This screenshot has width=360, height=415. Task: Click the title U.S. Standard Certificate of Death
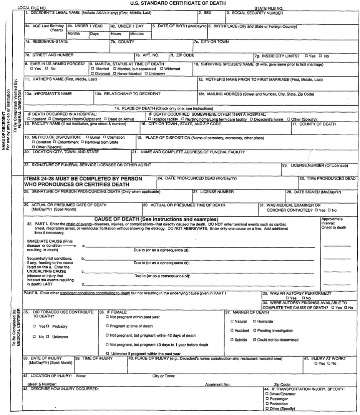coord(179,3)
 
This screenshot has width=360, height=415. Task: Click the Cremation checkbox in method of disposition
coord(105,137)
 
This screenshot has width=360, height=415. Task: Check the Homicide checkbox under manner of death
coord(254,321)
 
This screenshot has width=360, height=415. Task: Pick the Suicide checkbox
coord(232,340)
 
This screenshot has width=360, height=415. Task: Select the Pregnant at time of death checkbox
coord(107,326)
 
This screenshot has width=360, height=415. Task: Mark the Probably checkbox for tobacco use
coord(48,326)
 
